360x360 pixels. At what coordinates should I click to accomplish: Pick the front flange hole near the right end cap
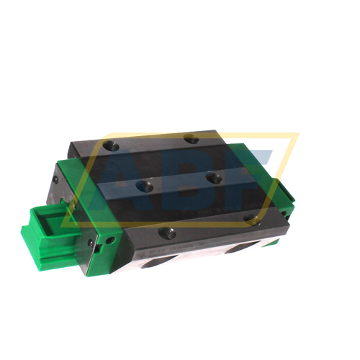pos(249,217)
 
